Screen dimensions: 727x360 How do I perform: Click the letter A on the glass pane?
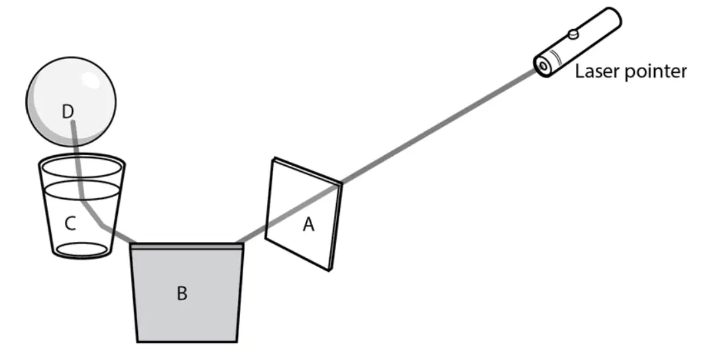point(308,225)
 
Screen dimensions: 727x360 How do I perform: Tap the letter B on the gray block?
point(182,293)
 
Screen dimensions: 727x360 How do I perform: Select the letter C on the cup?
point(70,223)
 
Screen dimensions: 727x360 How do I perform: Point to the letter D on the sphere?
point(68,111)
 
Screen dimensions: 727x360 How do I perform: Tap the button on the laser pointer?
point(573,34)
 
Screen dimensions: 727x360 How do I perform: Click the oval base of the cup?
point(82,249)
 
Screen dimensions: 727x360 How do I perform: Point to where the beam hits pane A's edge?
point(341,183)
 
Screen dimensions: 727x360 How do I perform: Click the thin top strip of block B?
point(186,247)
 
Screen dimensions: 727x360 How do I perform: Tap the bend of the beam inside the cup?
point(83,200)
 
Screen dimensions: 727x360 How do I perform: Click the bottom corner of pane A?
point(329,270)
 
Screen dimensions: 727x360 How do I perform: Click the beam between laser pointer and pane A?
point(439,126)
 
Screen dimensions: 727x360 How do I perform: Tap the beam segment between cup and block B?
point(118,234)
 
